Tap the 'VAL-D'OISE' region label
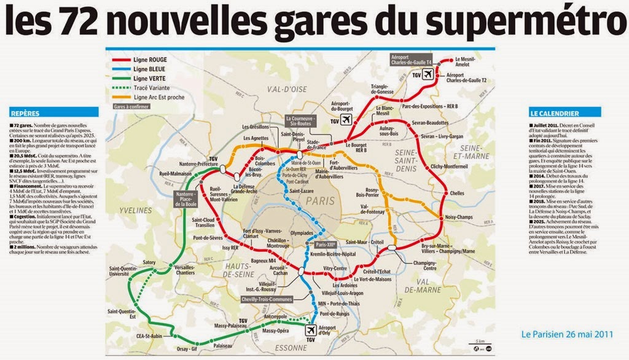286,90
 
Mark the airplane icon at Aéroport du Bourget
346,119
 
